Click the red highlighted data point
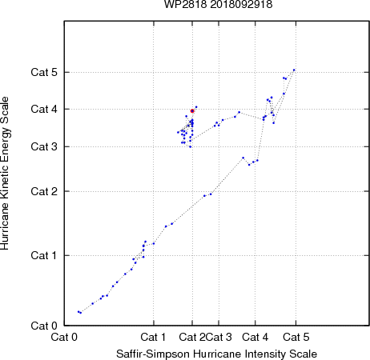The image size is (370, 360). point(192,111)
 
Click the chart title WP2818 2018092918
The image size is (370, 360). point(218,5)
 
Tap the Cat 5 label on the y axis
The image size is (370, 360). point(44,72)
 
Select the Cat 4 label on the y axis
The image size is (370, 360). point(44,109)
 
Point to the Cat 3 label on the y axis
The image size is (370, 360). point(44,146)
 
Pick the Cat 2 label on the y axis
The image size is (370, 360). point(44,191)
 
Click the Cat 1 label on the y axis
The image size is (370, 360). point(44,255)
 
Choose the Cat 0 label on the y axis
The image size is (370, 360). point(44,326)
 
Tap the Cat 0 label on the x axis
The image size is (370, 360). point(64,337)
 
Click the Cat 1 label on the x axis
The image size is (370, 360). point(153,337)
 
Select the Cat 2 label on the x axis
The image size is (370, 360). point(192,337)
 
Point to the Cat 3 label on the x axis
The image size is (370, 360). point(219,337)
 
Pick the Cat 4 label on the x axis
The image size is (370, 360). point(255,337)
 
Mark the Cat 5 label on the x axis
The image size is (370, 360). point(296,337)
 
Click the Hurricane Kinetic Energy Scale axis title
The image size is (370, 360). point(5,174)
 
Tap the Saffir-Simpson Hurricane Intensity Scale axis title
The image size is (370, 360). point(217,354)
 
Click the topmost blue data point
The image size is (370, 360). point(294,70)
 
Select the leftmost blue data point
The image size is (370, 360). point(78,311)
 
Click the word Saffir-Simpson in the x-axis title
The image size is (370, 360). point(153,354)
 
